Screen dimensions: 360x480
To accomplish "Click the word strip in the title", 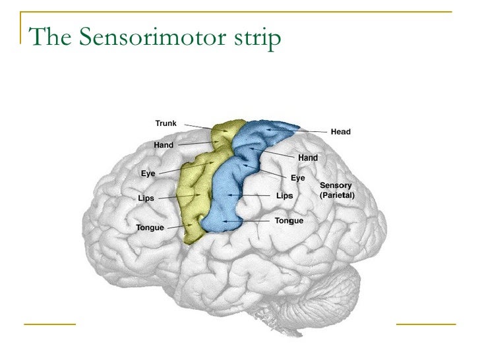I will click(254, 39).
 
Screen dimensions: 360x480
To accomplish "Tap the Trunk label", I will click(165, 123).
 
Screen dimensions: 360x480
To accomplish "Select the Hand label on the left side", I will click(164, 144).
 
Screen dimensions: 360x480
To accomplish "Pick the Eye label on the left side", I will click(148, 173).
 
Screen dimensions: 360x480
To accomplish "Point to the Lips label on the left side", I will click(146, 198).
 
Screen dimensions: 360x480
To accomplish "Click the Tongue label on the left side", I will click(150, 228).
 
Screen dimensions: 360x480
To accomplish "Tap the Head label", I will click(341, 132).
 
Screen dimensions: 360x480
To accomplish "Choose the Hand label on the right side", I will click(308, 158).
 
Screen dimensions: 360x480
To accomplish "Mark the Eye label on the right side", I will click(298, 178).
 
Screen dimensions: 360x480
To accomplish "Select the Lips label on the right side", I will click(284, 196).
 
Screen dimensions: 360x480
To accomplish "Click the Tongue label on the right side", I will click(289, 221).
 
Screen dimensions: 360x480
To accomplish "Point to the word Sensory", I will click(336, 186).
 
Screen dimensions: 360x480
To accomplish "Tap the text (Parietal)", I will click(337, 196).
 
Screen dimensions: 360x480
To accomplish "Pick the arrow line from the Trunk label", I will click(198, 126).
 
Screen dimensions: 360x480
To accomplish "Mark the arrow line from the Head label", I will click(310, 131).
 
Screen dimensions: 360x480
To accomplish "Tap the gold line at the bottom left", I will click(50, 324).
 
